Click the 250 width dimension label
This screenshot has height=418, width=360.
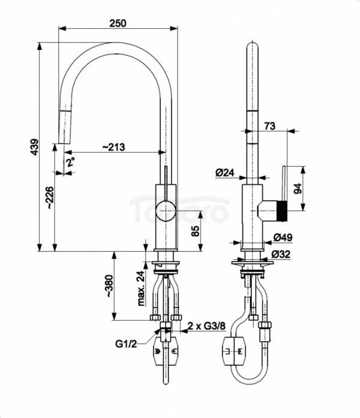pyautogui.click(x=118, y=23)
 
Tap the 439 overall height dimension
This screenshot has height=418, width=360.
pyautogui.click(x=35, y=146)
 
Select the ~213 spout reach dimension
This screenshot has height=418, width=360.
pyautogui.click(x=113, y=147)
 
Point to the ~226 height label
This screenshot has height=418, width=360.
pyautogui.click(x=50, y=197)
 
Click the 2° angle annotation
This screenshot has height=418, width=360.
pyautogui.click(x=70, y=162)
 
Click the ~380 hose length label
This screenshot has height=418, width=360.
pyautogui.click(x=110, y=286)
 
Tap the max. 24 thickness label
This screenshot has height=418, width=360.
pyautogui.click(x=140, y=288)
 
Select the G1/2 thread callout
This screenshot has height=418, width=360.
pyautogui.click(x=126, y=344)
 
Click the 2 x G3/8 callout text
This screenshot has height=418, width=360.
pyautogui.click(x=206, y=326)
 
